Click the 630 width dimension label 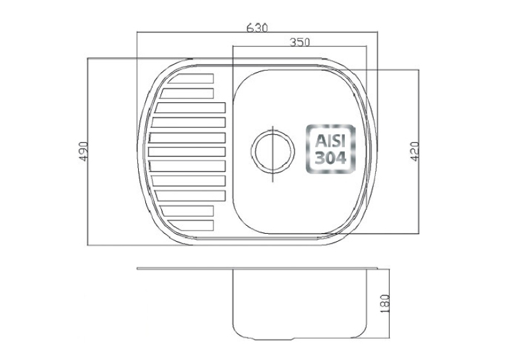(x=257, y=28)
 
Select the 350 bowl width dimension (x=300, y=42)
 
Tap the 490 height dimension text (x=84, y=151)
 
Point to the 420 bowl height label (x=415, y=151)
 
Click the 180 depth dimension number (x=386, y=303)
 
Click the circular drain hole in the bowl (x=273, y=151)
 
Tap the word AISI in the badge (x=330, y=141)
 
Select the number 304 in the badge (x=330, y=158)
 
